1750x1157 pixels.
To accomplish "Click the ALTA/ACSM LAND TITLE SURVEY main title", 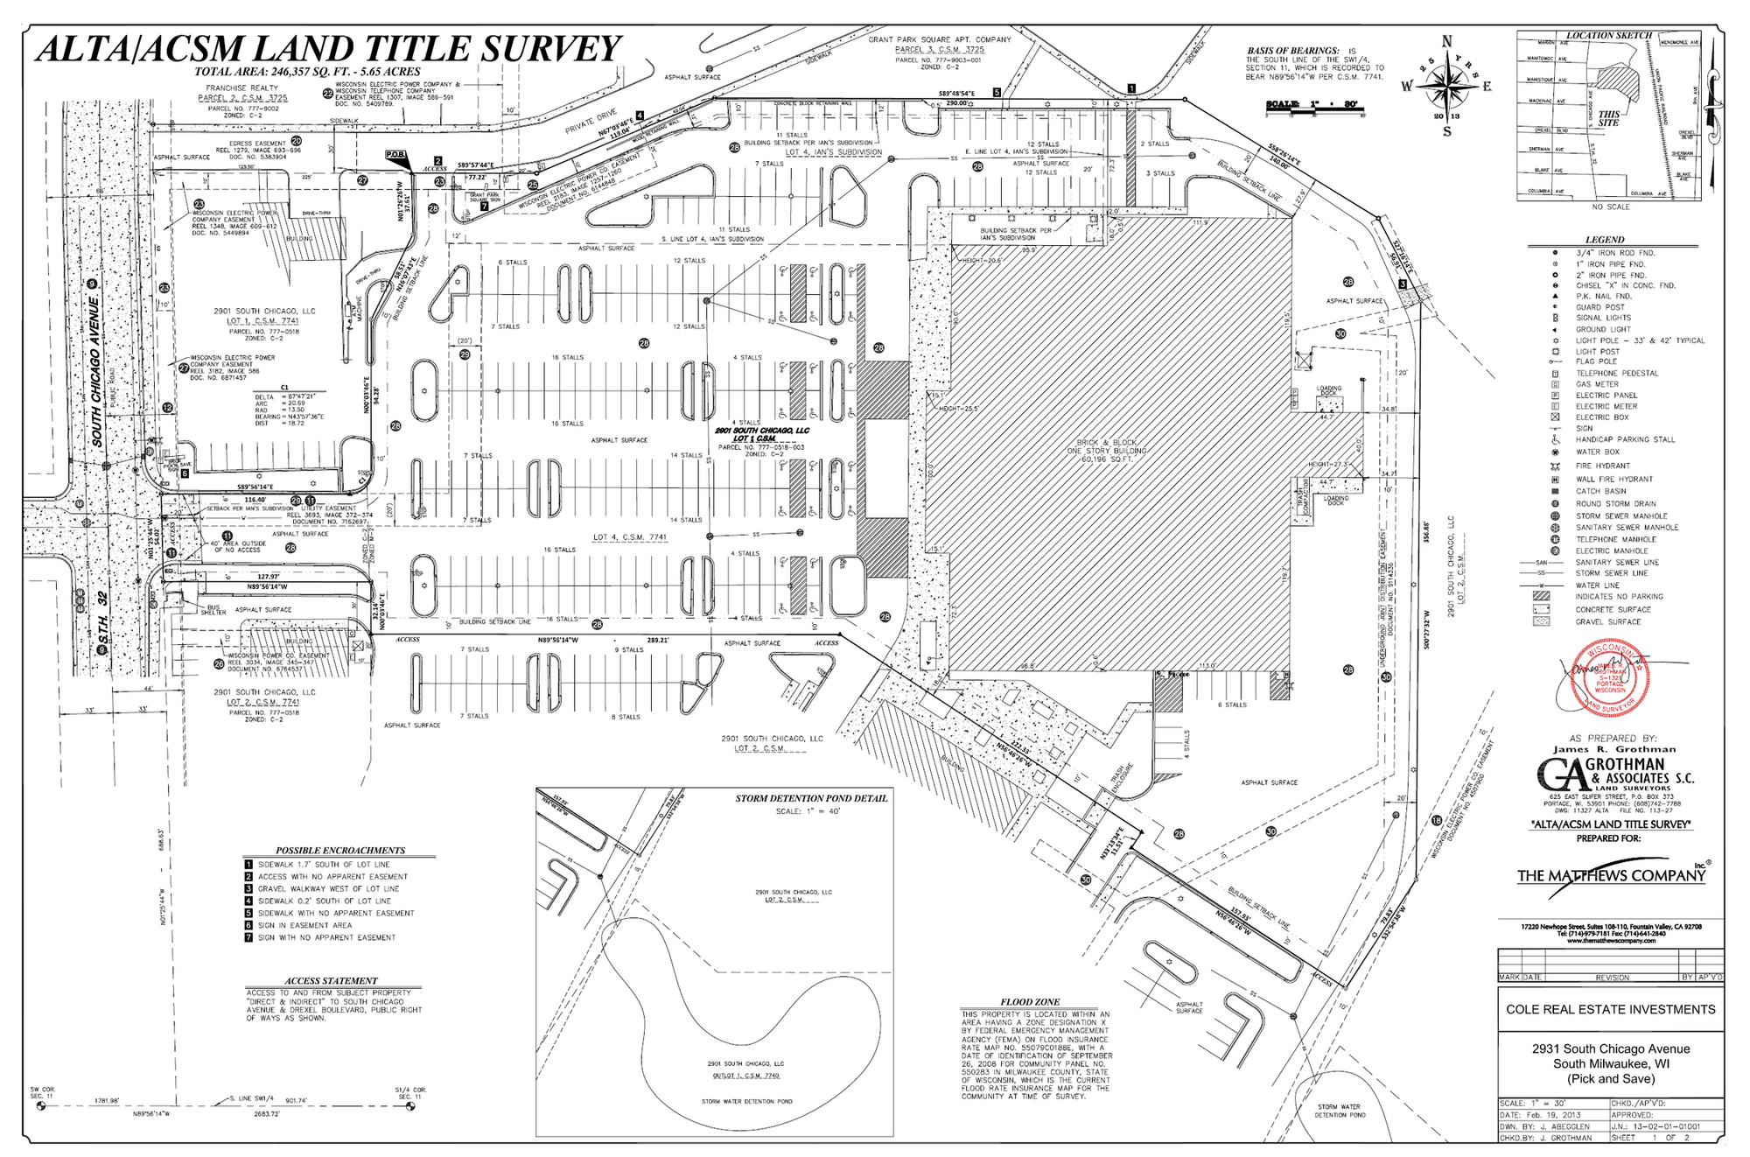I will [328, 48].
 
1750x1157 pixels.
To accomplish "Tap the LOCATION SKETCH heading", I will [1608, 36].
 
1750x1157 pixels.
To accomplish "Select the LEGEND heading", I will [1604, 240].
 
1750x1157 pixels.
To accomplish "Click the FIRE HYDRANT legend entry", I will [1602, 466].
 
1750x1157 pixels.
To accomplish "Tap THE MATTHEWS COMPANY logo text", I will [1611, 876].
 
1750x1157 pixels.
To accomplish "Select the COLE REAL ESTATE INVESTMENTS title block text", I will [1610, 1009].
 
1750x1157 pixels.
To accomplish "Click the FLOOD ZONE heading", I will [1030, 1002].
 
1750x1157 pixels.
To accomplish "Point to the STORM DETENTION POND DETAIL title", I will [811, 798].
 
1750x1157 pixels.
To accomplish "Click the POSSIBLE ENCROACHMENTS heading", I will [340, 851].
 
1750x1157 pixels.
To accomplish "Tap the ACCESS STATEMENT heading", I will [331, 981].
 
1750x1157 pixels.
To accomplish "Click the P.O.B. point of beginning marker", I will [395, 155].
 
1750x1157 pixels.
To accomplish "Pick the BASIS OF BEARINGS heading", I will [1292, 51].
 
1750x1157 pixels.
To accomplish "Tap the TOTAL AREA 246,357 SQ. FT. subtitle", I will [307, 72].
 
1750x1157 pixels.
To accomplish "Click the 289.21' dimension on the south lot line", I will [657, 641].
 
